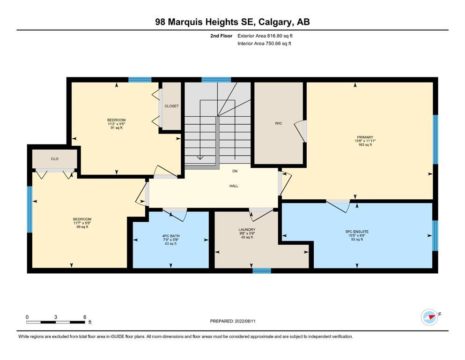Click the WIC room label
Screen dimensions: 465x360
[278, 123]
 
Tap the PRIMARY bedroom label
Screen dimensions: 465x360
[365, 137]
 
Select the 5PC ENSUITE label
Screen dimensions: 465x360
[357, 232]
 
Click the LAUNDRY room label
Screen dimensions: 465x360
[247, 229]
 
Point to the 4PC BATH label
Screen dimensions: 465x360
[170, 236]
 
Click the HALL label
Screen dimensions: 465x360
[234, 186]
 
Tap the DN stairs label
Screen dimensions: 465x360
[235, 171]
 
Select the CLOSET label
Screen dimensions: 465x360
[171, 106]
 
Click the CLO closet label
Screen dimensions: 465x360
[55, 159]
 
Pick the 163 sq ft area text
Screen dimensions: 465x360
[365, 145]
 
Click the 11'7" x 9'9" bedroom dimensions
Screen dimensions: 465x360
[82, 223]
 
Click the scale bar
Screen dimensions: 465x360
[56, 322]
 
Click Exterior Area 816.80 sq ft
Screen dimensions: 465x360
[265, 36]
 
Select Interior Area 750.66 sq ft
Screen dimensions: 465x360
[264, 43]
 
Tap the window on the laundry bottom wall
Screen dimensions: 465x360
[262, 270]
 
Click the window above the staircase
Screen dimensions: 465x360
[216, 80]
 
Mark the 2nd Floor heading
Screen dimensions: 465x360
[221, 36]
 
